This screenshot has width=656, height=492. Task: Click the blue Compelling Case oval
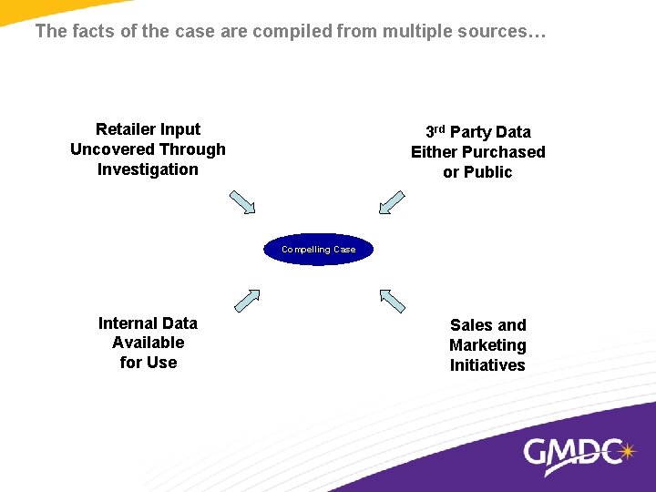point(319,249)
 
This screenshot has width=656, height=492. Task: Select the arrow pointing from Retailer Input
point(242,201)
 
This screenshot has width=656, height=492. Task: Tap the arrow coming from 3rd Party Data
point(391,201)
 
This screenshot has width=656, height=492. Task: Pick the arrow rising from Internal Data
point(247,301)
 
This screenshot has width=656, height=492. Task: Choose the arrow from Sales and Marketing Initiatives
point(392,301)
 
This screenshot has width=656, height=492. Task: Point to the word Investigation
point(148,169)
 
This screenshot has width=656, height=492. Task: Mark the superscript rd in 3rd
point(440,128)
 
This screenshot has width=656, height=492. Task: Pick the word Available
point(148,343)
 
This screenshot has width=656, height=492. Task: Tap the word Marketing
point(487,345)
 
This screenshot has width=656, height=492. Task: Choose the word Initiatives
point(487,365)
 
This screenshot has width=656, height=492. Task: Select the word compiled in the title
point(292,32)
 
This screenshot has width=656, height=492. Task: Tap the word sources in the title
point(496,32)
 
